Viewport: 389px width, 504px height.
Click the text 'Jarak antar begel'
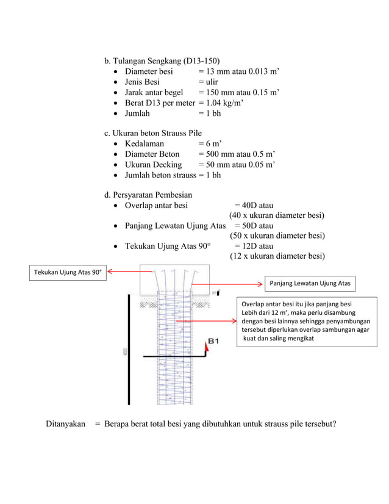(154, 92)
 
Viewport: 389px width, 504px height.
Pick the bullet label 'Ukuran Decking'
(153, 165)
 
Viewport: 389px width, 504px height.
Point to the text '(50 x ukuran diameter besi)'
(277, 236)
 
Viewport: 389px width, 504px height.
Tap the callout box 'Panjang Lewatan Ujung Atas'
(310, 283)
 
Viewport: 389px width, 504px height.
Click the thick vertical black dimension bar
(128, 349)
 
